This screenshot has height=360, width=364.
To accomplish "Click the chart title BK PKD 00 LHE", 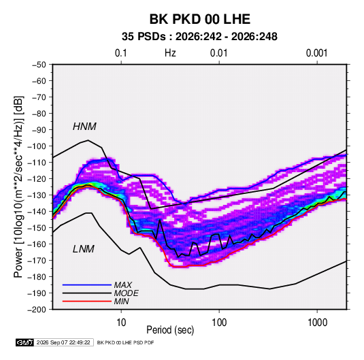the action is coord(199,19).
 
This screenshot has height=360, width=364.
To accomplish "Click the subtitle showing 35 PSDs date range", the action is coord(199,37).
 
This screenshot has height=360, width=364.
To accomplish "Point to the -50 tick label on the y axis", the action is coord(39,65).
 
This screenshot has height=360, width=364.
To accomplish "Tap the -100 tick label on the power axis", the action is coord(37,146).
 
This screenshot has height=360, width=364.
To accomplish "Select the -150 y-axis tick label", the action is coord(37,228).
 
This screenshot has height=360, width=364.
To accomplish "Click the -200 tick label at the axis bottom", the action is coord(37,310).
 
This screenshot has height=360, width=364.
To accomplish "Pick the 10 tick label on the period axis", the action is coord(121,323).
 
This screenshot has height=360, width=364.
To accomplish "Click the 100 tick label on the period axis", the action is coord(219,323).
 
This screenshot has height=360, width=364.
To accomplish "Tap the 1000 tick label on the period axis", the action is coord(317,323).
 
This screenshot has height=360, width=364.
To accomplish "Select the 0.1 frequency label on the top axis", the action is coord(121,53).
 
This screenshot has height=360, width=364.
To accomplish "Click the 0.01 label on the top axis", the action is coord(218,53).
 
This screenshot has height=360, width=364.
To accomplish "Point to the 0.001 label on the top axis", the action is coord(316,53).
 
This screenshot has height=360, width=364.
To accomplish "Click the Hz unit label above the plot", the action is coord(170,53).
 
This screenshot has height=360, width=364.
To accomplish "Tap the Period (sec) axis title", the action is coord(170,330).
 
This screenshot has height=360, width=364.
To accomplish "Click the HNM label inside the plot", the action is coord(84,127).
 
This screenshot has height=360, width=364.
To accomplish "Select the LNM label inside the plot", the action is coord(84,249).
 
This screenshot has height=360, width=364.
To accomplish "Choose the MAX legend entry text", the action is coord(123,285).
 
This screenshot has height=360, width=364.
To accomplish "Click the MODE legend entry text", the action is coord(127,293).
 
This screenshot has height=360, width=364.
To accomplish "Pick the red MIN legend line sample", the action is coord(87,301).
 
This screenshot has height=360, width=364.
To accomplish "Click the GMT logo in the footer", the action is coord(24,342).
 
